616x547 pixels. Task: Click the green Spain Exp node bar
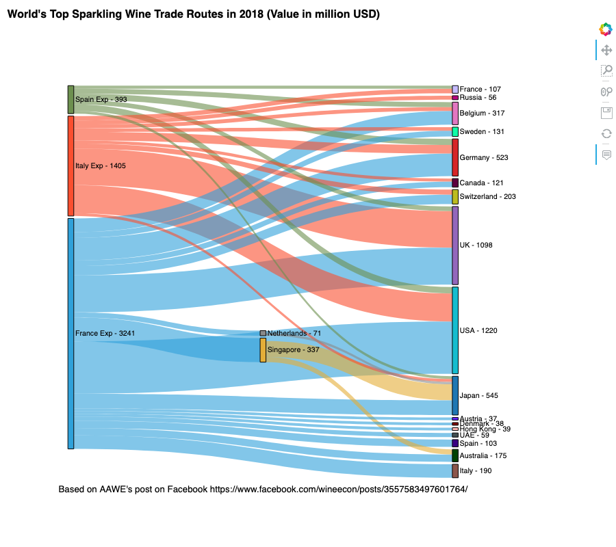[70, 100]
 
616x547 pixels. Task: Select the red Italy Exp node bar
[70, 165]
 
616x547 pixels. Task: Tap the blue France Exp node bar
[70, 334]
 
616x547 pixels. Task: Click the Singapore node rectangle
[263, 349]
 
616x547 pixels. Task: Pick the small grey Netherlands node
[263, 333]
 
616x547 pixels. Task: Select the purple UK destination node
[455, 245]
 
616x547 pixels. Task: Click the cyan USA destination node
[455, 330]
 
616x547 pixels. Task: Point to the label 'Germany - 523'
[485, 158]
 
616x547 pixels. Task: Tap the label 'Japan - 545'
[480, 396]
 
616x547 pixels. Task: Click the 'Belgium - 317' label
[482, 114]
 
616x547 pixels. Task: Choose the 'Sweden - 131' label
[482, 132]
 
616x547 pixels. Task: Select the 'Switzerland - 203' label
[487, 197]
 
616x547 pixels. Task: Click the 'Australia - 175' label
[484, 456]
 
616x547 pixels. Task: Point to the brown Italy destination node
[455, 470]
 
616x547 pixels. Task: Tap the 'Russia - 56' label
[478, 98]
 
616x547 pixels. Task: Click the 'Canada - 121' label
[481, 183]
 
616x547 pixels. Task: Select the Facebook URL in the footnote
[339, 490]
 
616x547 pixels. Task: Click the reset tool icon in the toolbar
[606, 134]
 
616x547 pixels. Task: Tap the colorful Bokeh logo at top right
[606, 29]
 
